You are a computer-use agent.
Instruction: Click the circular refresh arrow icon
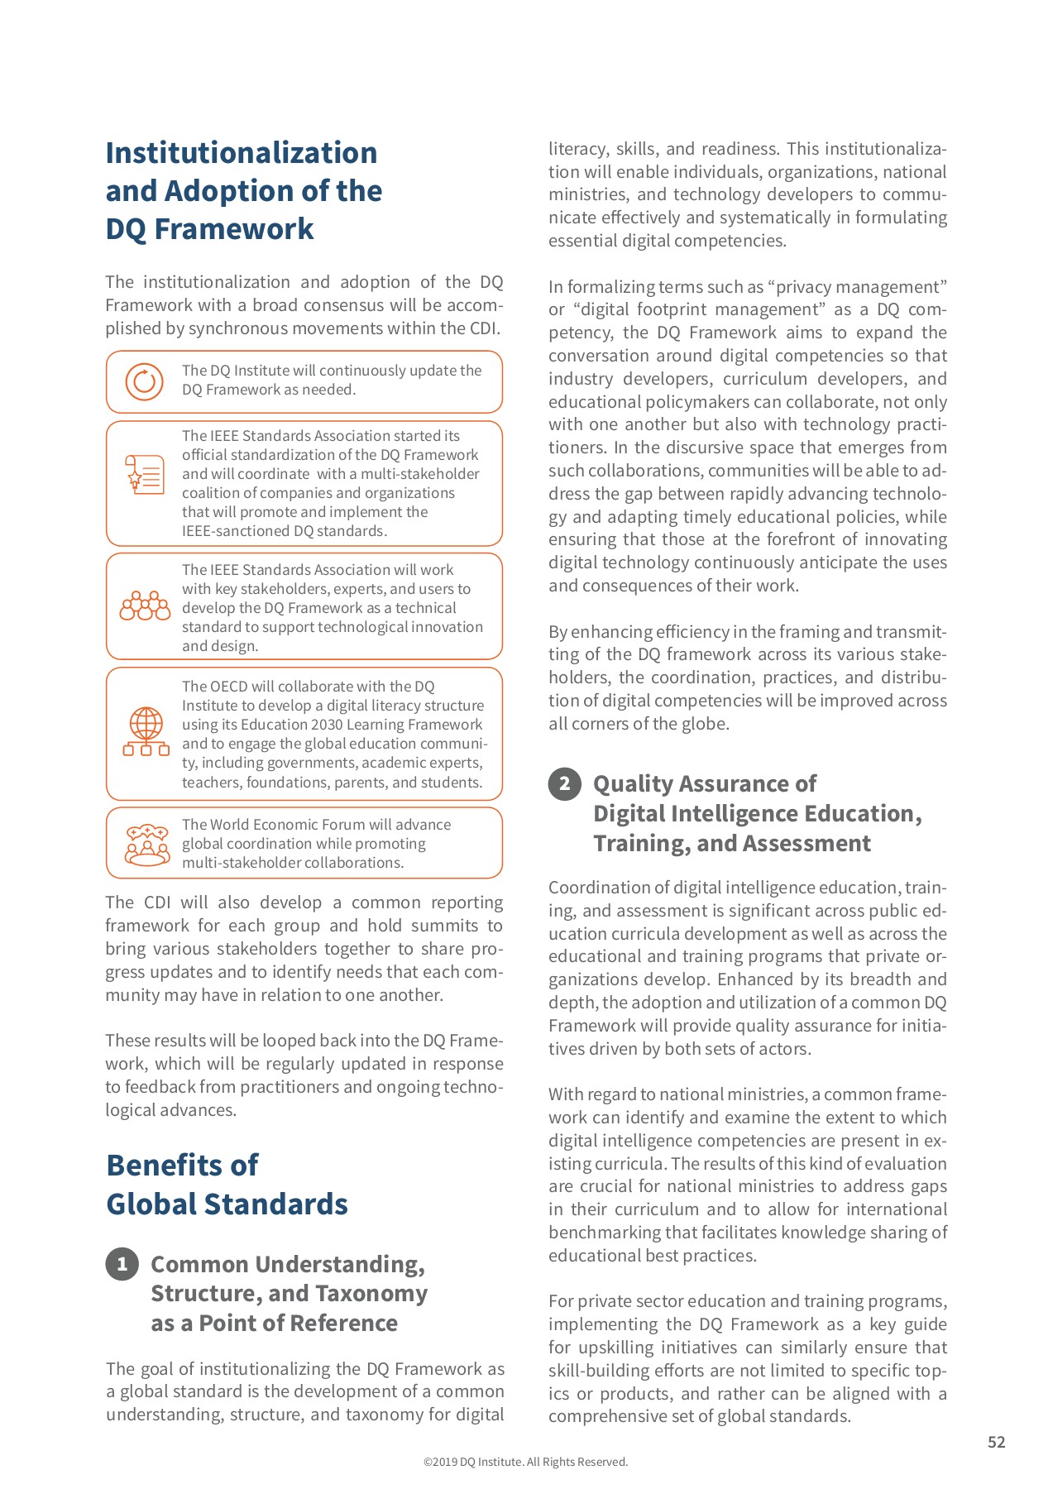coord(144,381)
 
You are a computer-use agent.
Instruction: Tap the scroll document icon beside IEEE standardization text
coord(145,475)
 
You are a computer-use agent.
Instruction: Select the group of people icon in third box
coord(145,606)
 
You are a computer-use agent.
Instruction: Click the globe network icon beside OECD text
coord(146,732)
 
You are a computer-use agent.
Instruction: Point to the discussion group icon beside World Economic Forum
coord(146,844)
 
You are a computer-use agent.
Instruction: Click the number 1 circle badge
coord(122,1263)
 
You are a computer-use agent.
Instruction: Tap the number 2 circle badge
coord(565,783)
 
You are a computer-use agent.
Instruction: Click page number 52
coord(996,1442)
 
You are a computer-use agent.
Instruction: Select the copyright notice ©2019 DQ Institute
coord(525,1462)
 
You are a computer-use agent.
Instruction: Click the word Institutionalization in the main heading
coord(242,153)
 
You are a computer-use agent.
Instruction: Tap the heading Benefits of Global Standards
coord(227,1185)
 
